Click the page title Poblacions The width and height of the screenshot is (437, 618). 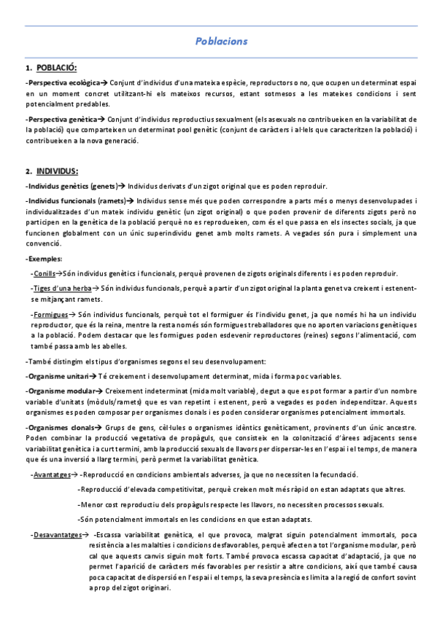click(x=221, y=42)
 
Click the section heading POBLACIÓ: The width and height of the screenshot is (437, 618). click(x=56, y=68)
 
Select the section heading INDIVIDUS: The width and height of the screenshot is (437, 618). click(x=57, y=172)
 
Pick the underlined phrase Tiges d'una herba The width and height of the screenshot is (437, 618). click(x=61, y=289)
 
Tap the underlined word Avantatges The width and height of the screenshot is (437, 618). click(x=52, y=474)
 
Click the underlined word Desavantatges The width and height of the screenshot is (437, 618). click(x=58, y=535)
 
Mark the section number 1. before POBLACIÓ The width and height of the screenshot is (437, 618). click(x=28, y=68)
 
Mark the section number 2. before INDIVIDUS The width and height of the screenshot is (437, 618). click(x=28, y=172)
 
